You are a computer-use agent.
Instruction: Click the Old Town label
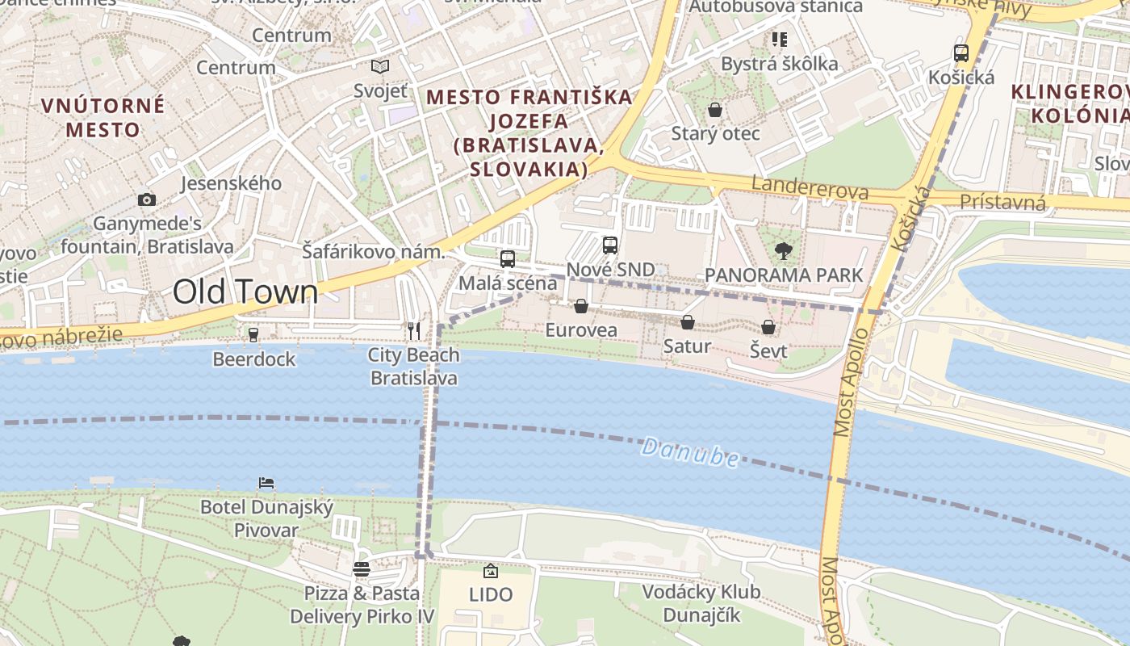coord(245,292)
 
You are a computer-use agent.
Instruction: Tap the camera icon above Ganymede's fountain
coord(146,199)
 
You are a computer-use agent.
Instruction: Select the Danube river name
coord(690,453)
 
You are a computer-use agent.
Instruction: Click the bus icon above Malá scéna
coord(507,259)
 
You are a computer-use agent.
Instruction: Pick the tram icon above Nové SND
coord(610,245)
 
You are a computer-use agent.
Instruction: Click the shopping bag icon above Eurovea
coord(580,306)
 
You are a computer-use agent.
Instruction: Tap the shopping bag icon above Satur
coord(687,323)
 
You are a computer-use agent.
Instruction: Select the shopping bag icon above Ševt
coord(768,327)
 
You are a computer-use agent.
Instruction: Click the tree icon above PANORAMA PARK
coord(783,251)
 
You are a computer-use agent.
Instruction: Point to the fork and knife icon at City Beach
coord(413,331)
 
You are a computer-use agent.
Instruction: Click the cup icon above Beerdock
coord(253,334)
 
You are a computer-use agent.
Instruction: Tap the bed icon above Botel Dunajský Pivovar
coord(266,483)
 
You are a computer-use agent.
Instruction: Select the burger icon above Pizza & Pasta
coord(361,569)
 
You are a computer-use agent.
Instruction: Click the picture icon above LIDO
coord(490,572)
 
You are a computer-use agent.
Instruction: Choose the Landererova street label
coord(810,187)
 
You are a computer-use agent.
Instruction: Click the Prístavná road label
coord(1003,202)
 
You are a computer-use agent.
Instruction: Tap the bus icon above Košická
coord(960,53)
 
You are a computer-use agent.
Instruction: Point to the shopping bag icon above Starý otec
coord(714,110)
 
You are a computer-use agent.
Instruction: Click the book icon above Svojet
coord(379,67)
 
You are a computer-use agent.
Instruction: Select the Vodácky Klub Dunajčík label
coord(701,603)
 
